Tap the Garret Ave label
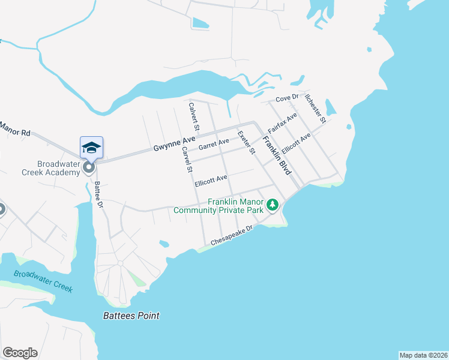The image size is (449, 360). (x=214, y=144)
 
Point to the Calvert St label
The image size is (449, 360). (x=193, y=116)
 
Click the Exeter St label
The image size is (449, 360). (x=247, y=142)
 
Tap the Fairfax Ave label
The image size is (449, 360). (x=282, y=122)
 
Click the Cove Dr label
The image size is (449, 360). (x=287, y=99)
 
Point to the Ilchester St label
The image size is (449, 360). (x=315, y=108)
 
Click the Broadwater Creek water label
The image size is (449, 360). (x=43, y=281)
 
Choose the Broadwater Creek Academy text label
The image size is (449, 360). (x=58, y=168)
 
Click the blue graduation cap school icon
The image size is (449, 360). (x=92, y=148)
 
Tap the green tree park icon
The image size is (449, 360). (x=273, y=205)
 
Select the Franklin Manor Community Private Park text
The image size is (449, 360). (x=218, y=206)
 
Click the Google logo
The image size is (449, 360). (x=20, y=353)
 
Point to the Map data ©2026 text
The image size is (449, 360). (x=423, y=355)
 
